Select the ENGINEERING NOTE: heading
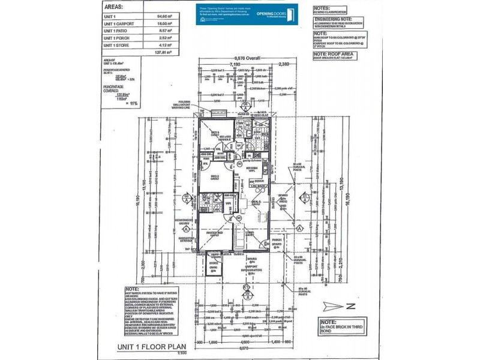pos(332,19)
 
